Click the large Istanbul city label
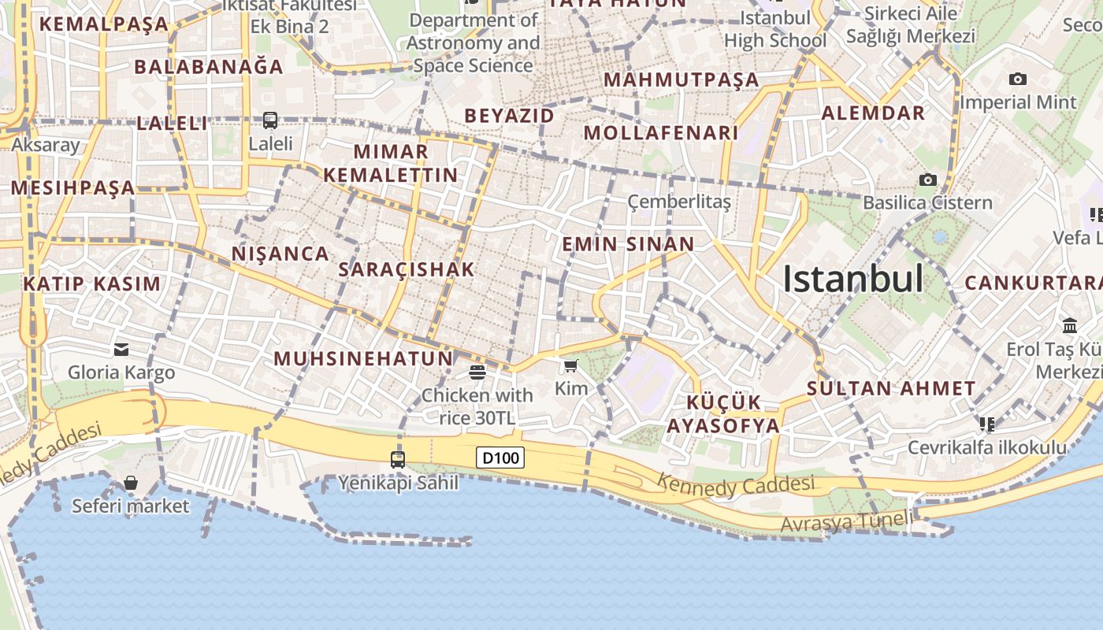pos(852,279)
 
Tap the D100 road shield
pos(500,458)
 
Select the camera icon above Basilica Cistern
pos(928,180)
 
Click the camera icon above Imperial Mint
pos(1018,80)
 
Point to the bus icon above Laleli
pos(270,120)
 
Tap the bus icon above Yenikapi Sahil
pos(398,459)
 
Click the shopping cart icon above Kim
pos(571,366)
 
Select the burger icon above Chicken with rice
pos(477,372)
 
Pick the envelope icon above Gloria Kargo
pos(121,349)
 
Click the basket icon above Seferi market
pos(131,483)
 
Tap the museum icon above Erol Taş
pos(1070,325)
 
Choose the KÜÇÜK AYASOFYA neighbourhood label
pos(723,414)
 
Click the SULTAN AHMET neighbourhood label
pos(891,388)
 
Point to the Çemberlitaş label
pos(679,202)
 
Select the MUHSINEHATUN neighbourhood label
pos(363,359)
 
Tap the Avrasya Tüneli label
pos(847,521)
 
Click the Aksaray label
pos(46,145)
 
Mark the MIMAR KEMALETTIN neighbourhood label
pos(391,163)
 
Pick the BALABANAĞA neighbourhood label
pos(209,67)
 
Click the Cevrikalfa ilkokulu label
pos(987,448)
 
